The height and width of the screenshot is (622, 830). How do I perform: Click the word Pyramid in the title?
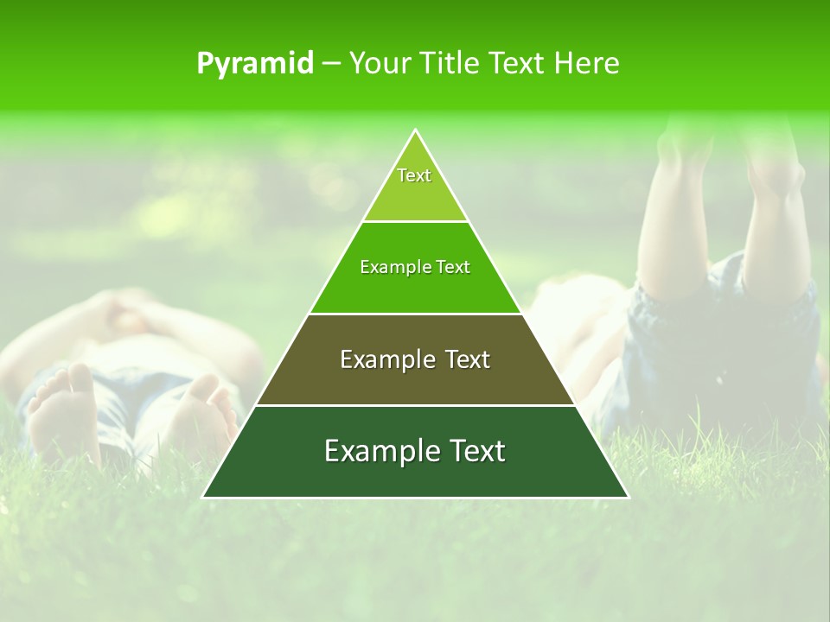point(255,64)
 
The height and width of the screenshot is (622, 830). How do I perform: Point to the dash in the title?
point(331,64)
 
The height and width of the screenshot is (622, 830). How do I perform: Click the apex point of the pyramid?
point(416,130)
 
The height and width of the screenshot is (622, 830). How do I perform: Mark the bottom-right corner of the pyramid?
point(628,497)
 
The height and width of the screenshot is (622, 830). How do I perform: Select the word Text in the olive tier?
point(468,359)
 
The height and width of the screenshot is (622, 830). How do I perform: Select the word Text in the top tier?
point(414,175)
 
